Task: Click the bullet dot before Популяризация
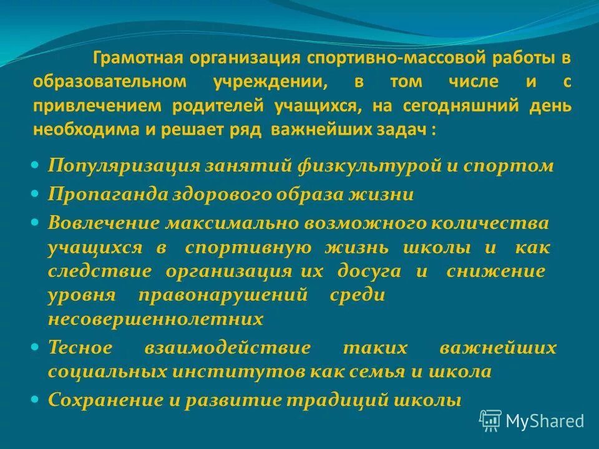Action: click(x=35, y=166)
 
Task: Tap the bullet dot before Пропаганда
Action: click(x=35, y=194)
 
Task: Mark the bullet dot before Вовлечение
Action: click(x=35, y=221)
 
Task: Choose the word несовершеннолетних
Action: click(x=156, y=320)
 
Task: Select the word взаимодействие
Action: click(x=228, y=347)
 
